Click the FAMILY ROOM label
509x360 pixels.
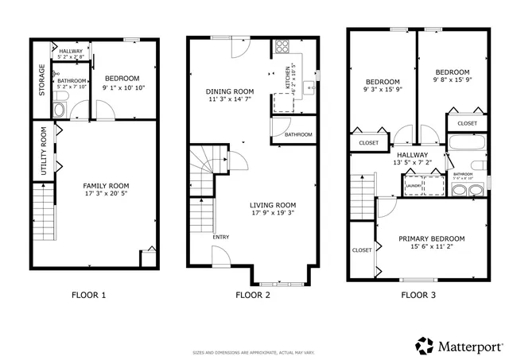(x=106, y=185)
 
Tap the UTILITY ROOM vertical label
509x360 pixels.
(x=44, y=151)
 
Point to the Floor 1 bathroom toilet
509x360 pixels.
(x=60, y=110)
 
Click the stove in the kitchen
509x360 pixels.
(x=281, y=47)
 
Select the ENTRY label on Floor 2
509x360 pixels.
(x=220, y=237)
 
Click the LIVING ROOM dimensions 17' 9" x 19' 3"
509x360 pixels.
(x=273, y=213)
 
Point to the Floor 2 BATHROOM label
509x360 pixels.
(x=298, y=135)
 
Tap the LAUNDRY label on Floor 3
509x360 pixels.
(x=413, y=186)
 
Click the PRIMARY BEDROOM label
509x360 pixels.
(x=431, y=238)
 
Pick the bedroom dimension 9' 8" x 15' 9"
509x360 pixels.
(x=453, y=79)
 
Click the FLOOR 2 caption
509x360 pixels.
(x=253, y=295)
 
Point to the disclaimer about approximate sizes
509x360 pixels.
(x=253, y=351)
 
